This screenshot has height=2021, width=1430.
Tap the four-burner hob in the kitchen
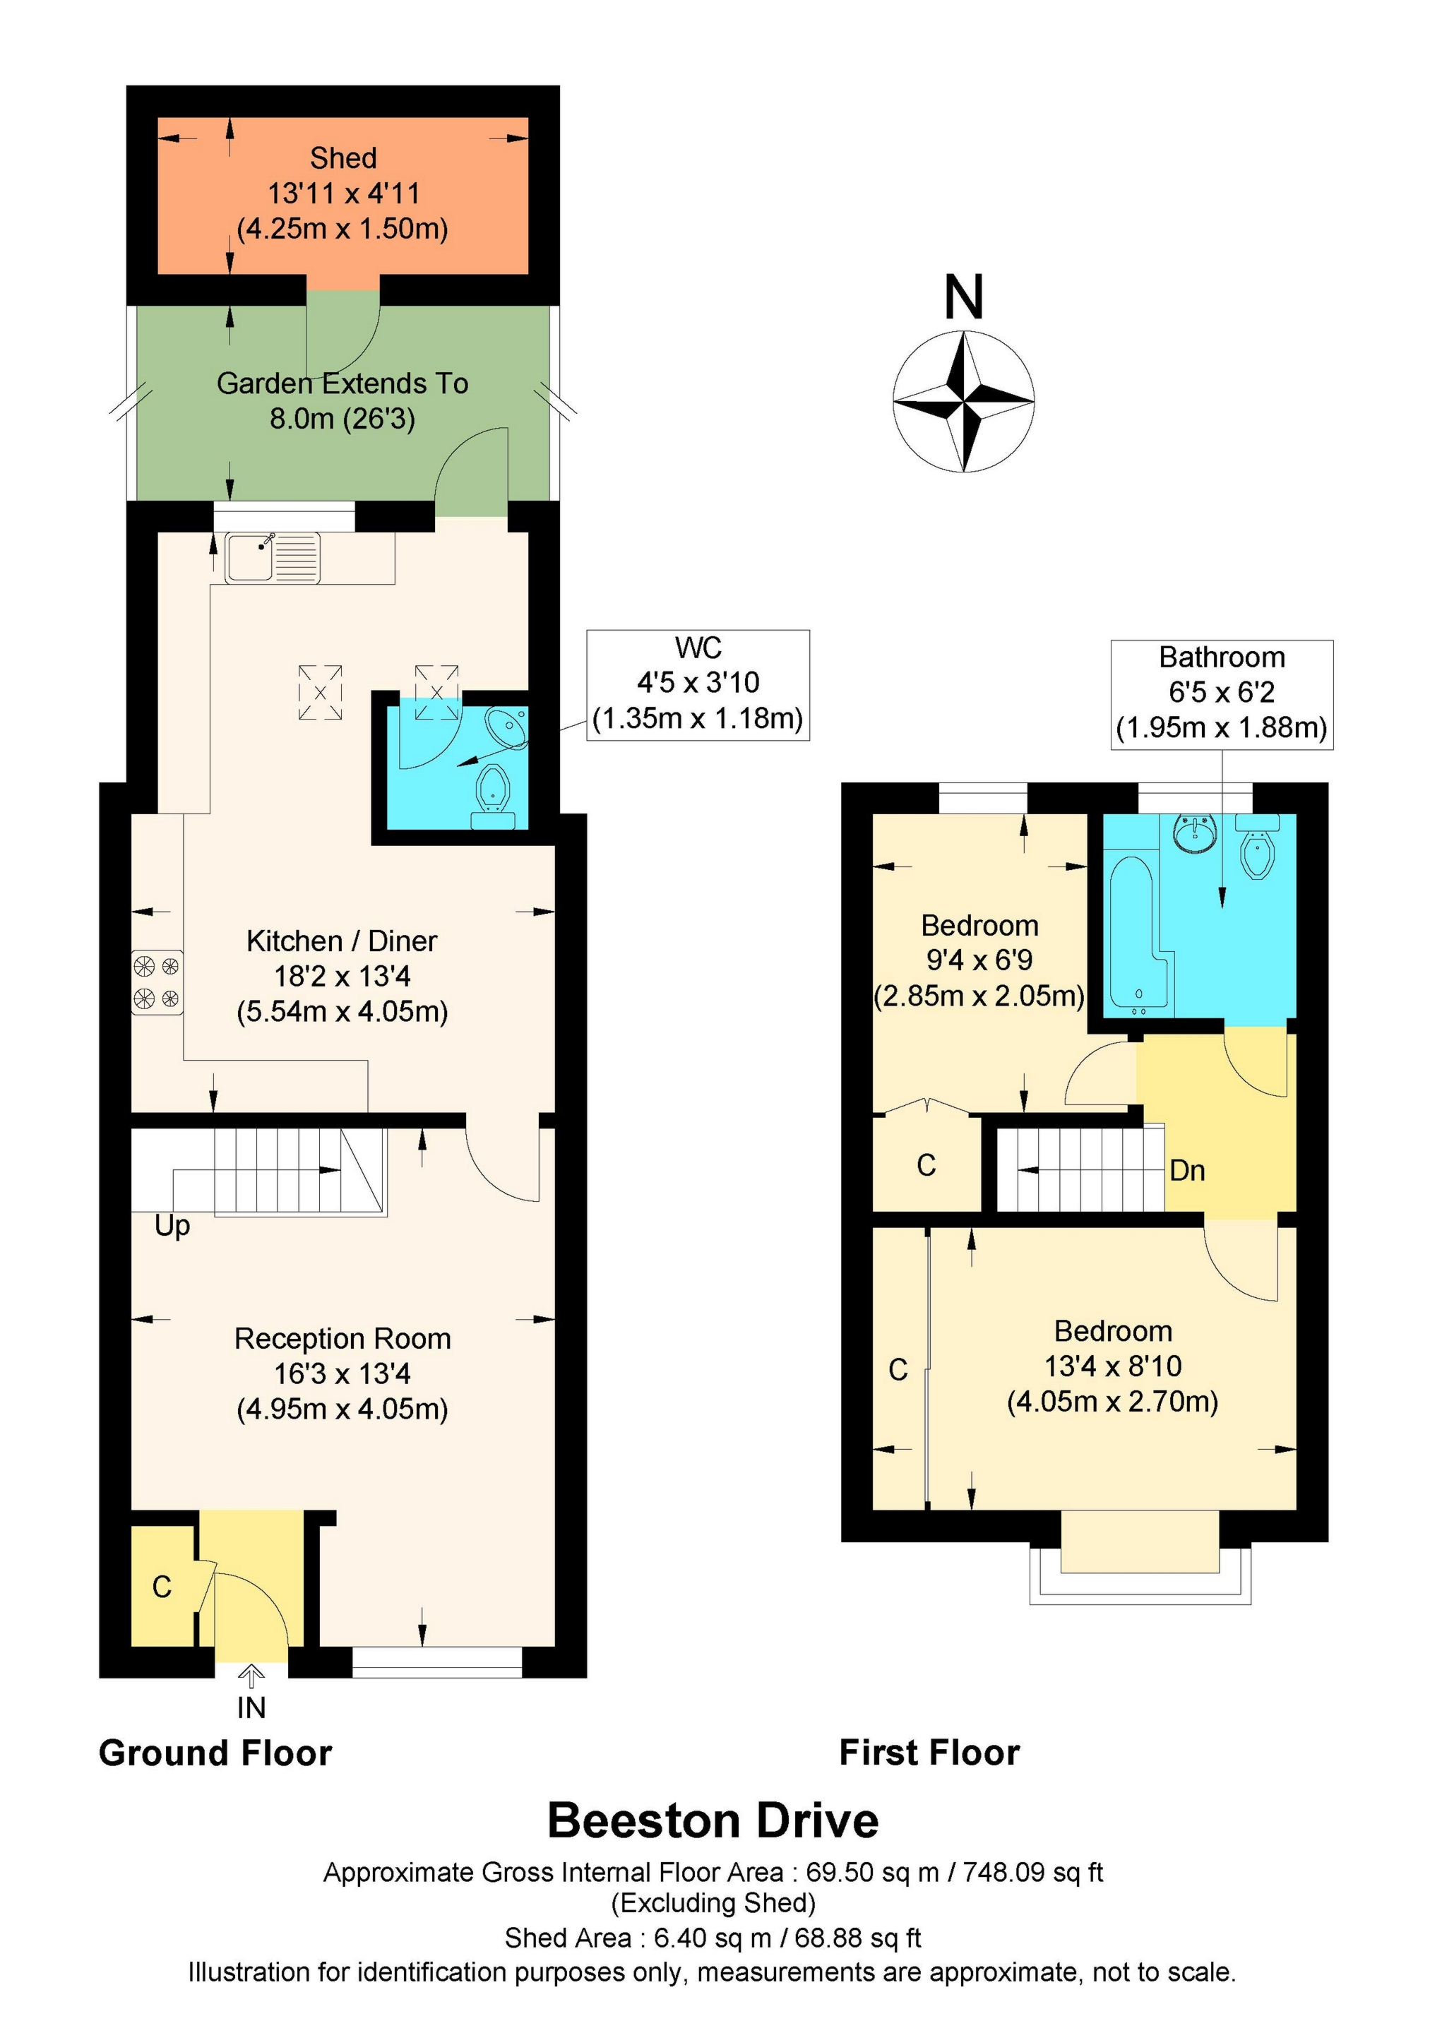(157, 982)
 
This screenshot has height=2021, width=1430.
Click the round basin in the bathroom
(1194, 831)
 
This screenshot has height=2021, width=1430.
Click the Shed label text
(342, 158)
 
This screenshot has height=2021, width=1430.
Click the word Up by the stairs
(172, 1225)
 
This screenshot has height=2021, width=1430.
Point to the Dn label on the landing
(1186, 1170)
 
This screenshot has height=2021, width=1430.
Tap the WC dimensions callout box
(698, 684)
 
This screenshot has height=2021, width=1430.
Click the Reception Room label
(342, 1339)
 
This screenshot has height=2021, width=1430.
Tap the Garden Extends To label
(342, 384)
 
